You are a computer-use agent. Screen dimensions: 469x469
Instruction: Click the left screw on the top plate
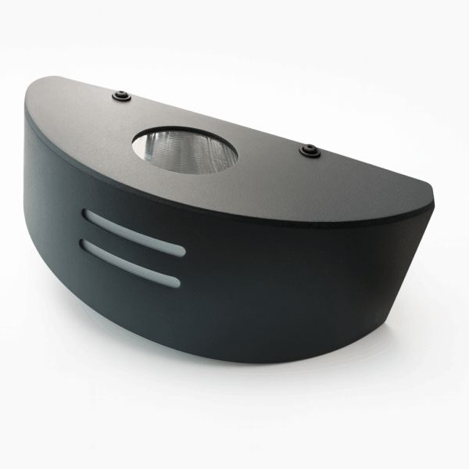pyautogui.click(x=120, y=95)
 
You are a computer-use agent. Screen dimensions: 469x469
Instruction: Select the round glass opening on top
pyautogui.click(x=184, y=150)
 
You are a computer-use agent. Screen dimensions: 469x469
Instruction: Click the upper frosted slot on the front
pyautogui.click(x=134, y=231)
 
